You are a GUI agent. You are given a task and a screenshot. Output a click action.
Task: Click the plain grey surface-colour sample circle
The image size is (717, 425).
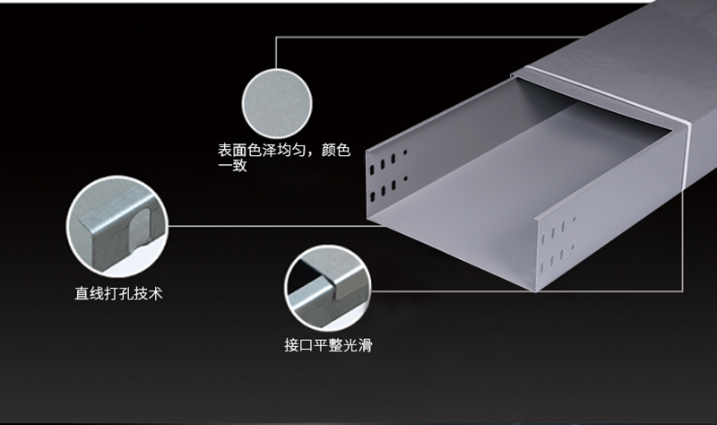coord(277,103)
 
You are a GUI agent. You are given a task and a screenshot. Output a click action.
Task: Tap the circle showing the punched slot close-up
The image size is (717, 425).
coord(117,227)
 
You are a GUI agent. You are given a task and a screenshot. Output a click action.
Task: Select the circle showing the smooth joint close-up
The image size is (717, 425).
coord(327,288)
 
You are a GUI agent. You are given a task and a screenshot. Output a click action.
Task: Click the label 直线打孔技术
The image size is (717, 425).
coord(118,294)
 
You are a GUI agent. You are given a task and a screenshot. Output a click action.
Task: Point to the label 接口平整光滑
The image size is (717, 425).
coord(328,345)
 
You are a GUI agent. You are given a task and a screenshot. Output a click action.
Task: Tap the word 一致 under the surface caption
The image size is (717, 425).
coord(232,165)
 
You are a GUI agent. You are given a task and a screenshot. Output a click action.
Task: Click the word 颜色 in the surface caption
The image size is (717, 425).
coord(335,150)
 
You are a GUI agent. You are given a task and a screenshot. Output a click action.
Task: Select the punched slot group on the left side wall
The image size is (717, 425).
coord(387,176)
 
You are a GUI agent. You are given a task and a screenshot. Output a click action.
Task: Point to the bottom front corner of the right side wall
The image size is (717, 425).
coord(536,291)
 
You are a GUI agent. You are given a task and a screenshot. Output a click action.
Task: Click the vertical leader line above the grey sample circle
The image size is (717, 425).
coord(276,53)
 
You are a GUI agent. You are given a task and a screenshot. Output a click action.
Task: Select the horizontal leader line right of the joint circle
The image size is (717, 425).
coord(527,291)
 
